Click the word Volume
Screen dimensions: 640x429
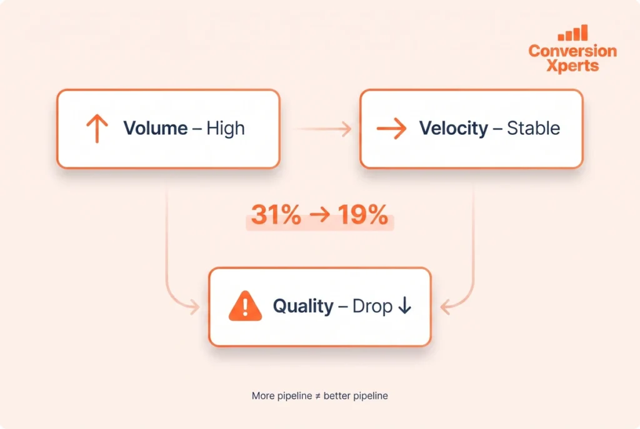156,128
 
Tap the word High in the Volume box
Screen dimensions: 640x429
226,129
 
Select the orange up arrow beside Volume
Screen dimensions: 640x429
97,129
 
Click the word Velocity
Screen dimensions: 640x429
454,129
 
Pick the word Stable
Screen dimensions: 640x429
534,128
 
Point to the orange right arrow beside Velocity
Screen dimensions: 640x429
391,129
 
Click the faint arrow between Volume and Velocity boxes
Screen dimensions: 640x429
322,129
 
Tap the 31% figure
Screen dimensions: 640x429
276,215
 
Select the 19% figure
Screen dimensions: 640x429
363,215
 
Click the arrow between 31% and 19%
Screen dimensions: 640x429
319,215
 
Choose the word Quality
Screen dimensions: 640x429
303,306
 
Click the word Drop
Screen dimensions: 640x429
372,306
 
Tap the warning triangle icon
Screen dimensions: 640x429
245,306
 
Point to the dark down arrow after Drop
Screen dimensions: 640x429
405,305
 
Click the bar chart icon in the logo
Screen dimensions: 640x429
572,32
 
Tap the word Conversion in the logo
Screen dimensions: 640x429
572,51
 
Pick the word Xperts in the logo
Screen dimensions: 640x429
572,66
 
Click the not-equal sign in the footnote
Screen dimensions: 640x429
318,396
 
